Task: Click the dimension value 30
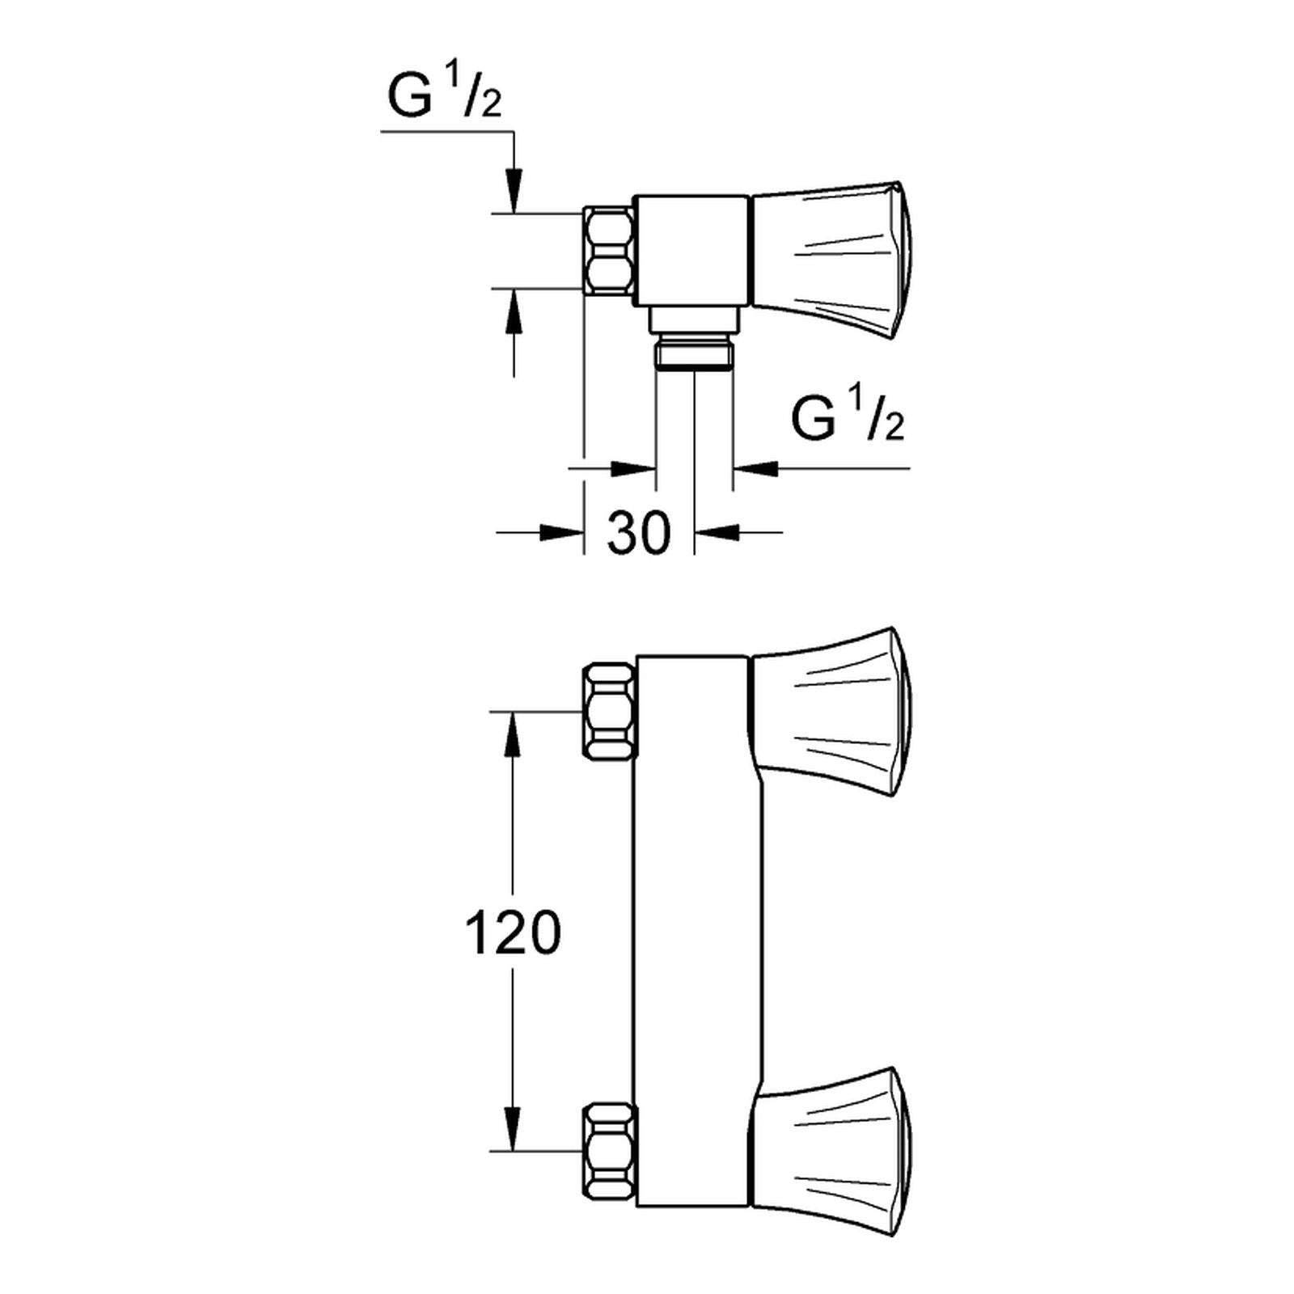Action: (639, 533)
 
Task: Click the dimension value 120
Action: (512, 932)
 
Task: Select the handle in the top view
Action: (833, 252)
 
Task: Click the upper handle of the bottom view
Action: (833, 712)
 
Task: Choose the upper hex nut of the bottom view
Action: (609, 712)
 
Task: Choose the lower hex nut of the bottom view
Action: (609, 1152)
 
